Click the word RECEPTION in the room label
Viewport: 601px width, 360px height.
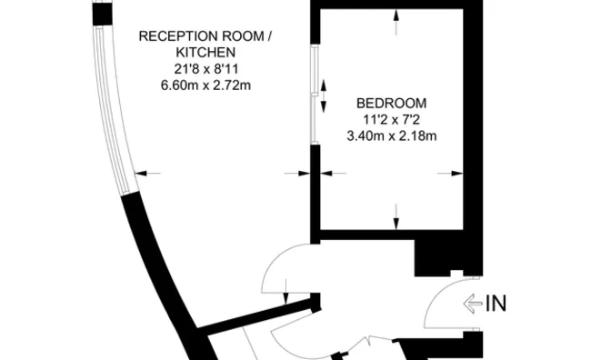click(170, 36)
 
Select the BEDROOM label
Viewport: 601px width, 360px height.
click(391, 103)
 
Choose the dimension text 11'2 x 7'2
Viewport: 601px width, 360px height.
click(391, 119)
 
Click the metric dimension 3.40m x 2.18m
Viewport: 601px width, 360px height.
click(391, 136)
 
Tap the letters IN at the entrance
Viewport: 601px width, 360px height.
click(497, 304)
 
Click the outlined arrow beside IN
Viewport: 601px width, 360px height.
click(473, 304)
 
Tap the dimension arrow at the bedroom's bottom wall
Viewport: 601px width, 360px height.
click(396, 218)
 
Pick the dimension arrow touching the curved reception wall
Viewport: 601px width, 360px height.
click(148, 173)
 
